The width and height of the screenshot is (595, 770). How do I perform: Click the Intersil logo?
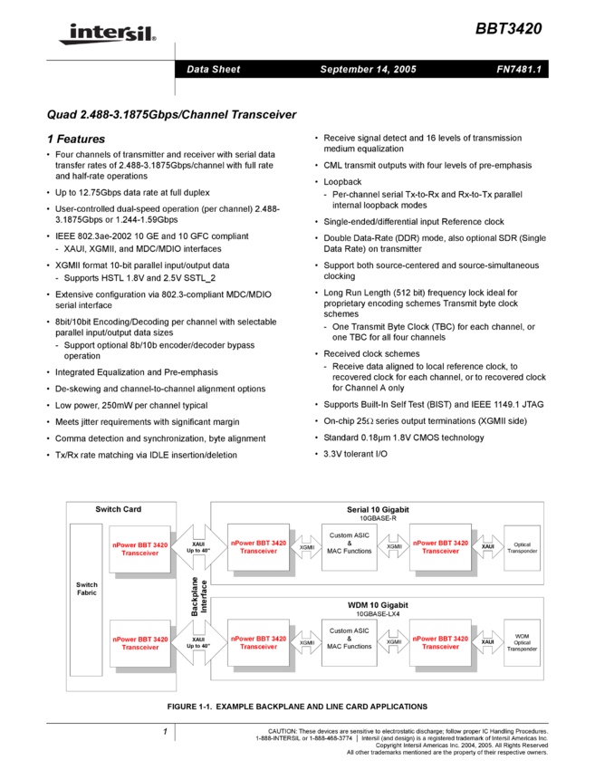[x=104, y=34]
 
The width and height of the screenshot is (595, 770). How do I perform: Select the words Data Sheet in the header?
[x=213, y=70]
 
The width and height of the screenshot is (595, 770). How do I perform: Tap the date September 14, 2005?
[x=368, y=70]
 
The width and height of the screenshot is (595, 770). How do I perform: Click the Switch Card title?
[x=119, y=510]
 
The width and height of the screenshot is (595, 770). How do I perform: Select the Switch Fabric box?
[x=87, y=599]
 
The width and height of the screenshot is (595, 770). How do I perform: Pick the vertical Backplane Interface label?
[x=198, y=595]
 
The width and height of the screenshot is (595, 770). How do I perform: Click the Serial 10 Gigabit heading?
[x=378, y=510]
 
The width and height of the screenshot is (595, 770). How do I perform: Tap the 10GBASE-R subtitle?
[x=378, y=518]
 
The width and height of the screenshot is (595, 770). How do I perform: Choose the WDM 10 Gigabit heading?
[x=378, y=604]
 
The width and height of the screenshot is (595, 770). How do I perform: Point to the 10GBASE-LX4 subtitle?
[x=378, y=613]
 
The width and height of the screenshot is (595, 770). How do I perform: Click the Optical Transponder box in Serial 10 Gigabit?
[x=522, y=547]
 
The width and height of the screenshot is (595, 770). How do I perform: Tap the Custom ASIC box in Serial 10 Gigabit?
[x=349, y=547]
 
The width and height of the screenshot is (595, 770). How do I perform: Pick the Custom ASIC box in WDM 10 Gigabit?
[x=349, y=641]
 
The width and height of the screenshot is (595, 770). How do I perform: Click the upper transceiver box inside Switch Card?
[x=140, y=548]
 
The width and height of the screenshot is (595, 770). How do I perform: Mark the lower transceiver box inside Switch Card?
[x=140, y=642]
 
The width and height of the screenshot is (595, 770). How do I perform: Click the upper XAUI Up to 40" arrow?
[x=198, y=547]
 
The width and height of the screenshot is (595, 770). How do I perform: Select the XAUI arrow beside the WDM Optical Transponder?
[x=487, y=641]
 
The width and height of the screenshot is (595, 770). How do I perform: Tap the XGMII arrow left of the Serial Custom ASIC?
[x=307, y=547]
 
